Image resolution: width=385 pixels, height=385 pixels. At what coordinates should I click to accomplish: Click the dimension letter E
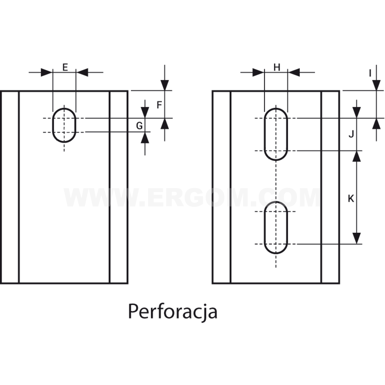[65, 67]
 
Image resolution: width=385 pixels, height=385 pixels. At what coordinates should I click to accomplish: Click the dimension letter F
[159, 105]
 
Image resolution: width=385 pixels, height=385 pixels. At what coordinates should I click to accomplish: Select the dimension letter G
[139, 126]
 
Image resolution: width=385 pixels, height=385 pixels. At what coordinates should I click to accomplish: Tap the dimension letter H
[277, 67]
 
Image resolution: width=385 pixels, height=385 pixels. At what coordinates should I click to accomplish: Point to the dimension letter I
[370, 73]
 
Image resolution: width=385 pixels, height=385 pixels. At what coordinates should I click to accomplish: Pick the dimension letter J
[352, 134]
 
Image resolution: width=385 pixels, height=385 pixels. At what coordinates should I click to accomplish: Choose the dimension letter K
[351, 199]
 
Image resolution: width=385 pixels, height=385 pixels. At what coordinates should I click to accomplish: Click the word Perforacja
[173, 312]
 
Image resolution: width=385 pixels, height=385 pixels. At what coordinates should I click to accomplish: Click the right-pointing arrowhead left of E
[47, 73]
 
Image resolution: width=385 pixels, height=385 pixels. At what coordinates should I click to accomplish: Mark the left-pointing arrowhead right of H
[294, 73]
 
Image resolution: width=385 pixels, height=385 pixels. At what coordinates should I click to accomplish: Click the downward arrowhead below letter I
[376, 85]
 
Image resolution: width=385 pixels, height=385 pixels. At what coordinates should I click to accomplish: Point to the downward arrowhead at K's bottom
[356, 238]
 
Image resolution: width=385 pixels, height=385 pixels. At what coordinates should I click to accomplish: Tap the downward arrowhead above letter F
[165, 85]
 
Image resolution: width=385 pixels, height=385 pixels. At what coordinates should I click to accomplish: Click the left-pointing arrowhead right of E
[82, 73]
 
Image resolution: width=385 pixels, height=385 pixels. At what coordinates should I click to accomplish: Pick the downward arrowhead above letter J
[356, 112]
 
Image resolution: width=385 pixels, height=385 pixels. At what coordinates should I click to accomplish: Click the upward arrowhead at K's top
[356, 156]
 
